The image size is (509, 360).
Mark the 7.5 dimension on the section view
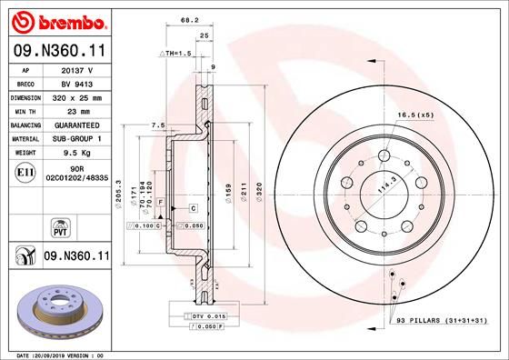click(156, 125)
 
